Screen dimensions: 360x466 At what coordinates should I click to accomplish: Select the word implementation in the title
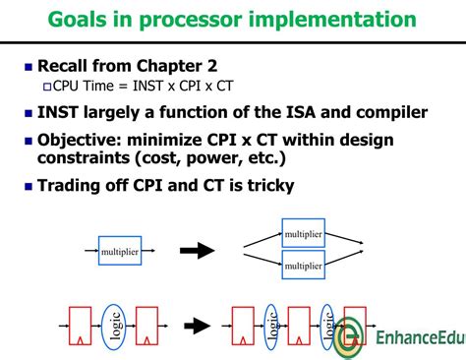click(330, 19)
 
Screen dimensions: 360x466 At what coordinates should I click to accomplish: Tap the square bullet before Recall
click(27, 68)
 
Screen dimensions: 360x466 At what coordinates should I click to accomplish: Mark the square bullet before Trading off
click(27, 185)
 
